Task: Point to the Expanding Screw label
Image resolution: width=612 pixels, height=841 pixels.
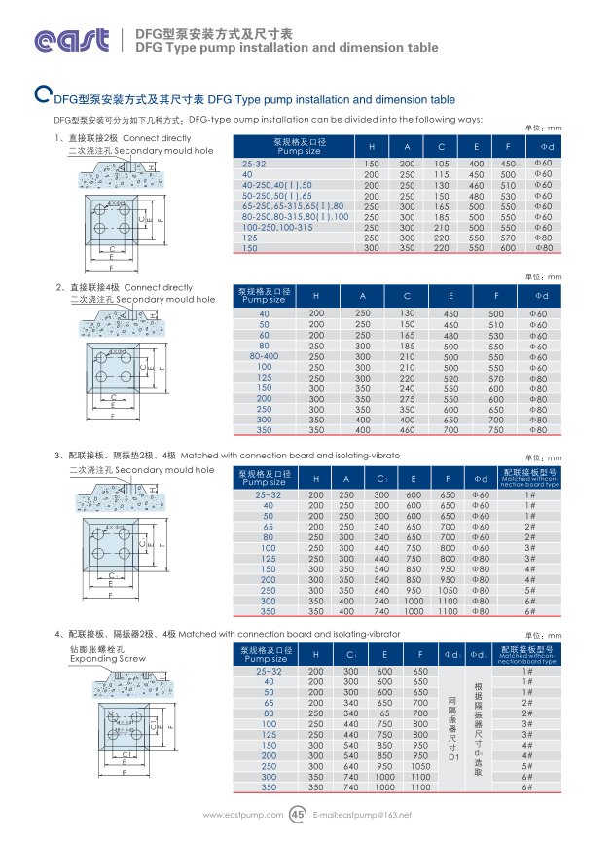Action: (106, 659)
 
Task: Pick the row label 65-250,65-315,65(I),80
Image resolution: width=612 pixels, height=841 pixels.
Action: (292, 205)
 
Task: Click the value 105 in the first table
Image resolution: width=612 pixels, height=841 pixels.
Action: (442, 163)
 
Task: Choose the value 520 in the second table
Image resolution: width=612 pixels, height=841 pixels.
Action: (451, 378)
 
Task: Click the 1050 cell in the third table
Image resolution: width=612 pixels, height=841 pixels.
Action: (448, 589)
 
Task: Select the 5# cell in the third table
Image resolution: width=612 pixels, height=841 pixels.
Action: (530, 589)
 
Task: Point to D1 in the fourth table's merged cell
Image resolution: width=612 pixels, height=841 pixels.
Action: (450, 756)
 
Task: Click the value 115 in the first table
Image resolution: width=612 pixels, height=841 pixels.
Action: (442, 173)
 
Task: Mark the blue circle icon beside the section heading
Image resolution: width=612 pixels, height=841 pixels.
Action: (42, 95)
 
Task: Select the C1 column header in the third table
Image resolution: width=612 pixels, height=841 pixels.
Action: (381, 478)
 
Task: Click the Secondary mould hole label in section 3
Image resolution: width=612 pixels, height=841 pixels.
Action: (163, 470)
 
